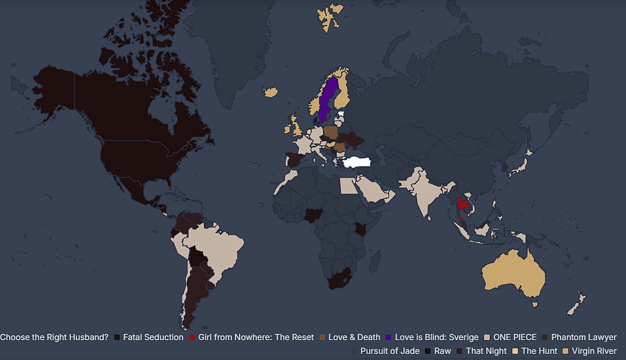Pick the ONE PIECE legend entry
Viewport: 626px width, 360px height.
(513, 337)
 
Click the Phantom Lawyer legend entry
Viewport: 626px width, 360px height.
(583, 337)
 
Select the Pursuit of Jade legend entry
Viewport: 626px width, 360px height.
(389, 351)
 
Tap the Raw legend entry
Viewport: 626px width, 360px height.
(442, 351)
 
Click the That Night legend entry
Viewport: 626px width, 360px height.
(486, 351)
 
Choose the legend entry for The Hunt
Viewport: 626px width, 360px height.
(539, 351)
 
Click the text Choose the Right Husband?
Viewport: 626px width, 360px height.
(54, 337)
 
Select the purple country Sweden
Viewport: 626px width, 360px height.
(327, 100)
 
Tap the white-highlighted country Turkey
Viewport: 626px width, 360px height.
(358, 162)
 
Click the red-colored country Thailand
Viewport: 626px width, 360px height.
(462, 206)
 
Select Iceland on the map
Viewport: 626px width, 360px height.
(271, 92)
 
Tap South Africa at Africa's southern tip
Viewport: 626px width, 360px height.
(339, 279)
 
